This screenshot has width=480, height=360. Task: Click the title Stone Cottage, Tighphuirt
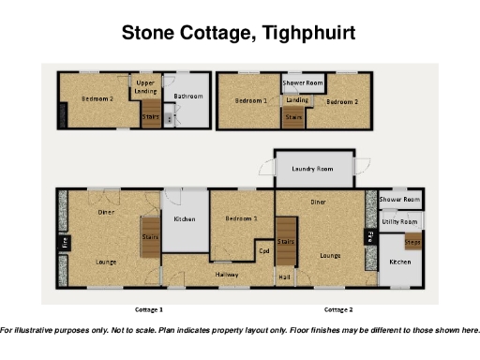click(x=239, y=35)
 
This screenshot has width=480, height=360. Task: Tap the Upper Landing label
click(x=146, y=87)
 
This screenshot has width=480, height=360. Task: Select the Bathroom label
click(x=188, y=96)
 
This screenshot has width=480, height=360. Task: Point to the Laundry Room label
click(x=312, y=169)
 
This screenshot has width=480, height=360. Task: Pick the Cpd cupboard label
click(x=263, y=250)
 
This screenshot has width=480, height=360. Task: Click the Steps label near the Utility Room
click(x=412, y=243)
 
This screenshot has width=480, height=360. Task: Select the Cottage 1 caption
click(x=148, y=308)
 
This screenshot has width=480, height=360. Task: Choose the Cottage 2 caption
click(x=337, y=308)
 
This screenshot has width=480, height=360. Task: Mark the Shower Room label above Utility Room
click(x=398, y=200)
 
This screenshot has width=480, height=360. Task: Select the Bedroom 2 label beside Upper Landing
click(x=97, y=98)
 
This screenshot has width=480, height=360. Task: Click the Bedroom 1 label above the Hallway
click(x=241, y=218)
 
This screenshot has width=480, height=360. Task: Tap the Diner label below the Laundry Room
click(x=318, y=202)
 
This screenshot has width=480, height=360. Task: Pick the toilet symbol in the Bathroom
click(x=169, y=119)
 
